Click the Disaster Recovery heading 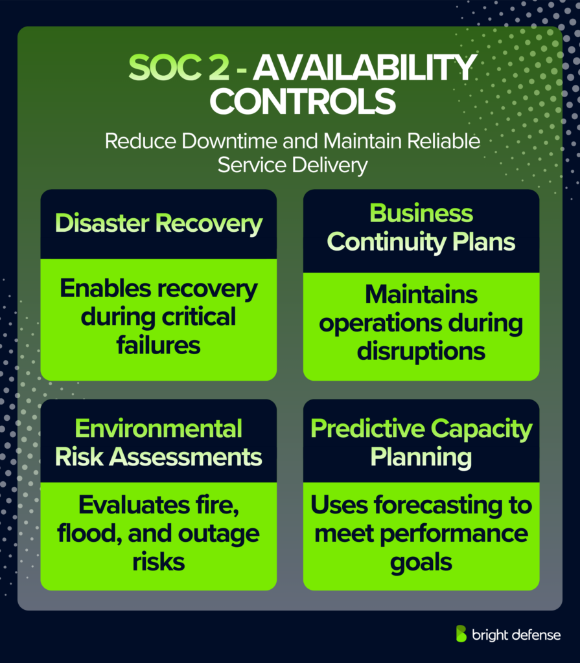coord(159,223)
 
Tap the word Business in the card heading coord(421,213)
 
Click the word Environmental coord(159,429)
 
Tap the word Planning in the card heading coord(421,457)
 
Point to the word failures coord(159,346)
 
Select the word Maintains coord(421,295)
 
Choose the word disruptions coord(421,351)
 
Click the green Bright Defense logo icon coord(461,634)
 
